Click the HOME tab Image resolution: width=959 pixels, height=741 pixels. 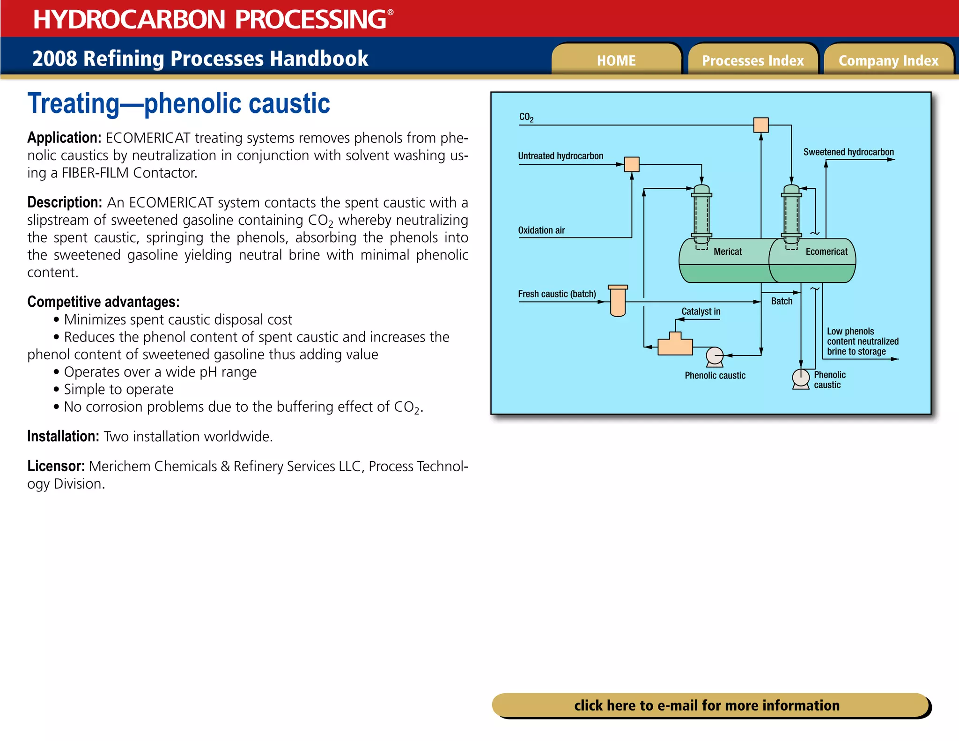(x=616, y=60)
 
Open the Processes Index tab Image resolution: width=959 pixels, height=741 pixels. (x=752, y=60)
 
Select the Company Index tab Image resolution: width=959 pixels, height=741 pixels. (x=888, y=60)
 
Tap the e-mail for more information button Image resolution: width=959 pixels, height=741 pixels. (x=707, y=705)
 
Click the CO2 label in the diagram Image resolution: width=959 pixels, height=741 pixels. (x=526, y=117)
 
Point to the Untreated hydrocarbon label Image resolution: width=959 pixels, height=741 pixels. (x=560, y=156)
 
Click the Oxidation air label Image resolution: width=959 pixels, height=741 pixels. (x=541, y=230)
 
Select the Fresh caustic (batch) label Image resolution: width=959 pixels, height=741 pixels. (x=557, y=294)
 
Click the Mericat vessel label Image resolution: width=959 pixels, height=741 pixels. (x=727, y=252)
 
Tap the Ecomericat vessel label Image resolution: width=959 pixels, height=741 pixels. (x=826, y=252)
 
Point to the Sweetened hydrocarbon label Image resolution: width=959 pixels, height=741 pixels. (x=848, y=152)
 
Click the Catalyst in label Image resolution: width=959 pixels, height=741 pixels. (x=701, y=311)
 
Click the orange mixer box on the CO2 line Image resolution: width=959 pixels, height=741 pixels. (x=761, y=125)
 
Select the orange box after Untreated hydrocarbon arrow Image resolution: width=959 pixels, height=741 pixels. (x=632, y=164)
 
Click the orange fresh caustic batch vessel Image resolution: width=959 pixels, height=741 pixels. (x=618, y=301)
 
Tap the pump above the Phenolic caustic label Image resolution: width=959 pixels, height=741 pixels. (x=715, y=356)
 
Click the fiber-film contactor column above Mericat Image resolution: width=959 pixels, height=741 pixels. (x=701, y=213)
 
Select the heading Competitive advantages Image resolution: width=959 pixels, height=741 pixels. (x=103, y=302)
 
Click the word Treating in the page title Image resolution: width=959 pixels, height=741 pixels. (x=74, y=104)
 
